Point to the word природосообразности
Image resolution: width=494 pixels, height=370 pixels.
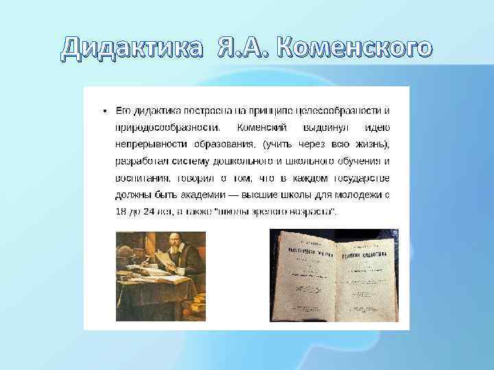[x=167, y=127]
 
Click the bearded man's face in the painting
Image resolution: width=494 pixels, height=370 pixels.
[x=180, y=245]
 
